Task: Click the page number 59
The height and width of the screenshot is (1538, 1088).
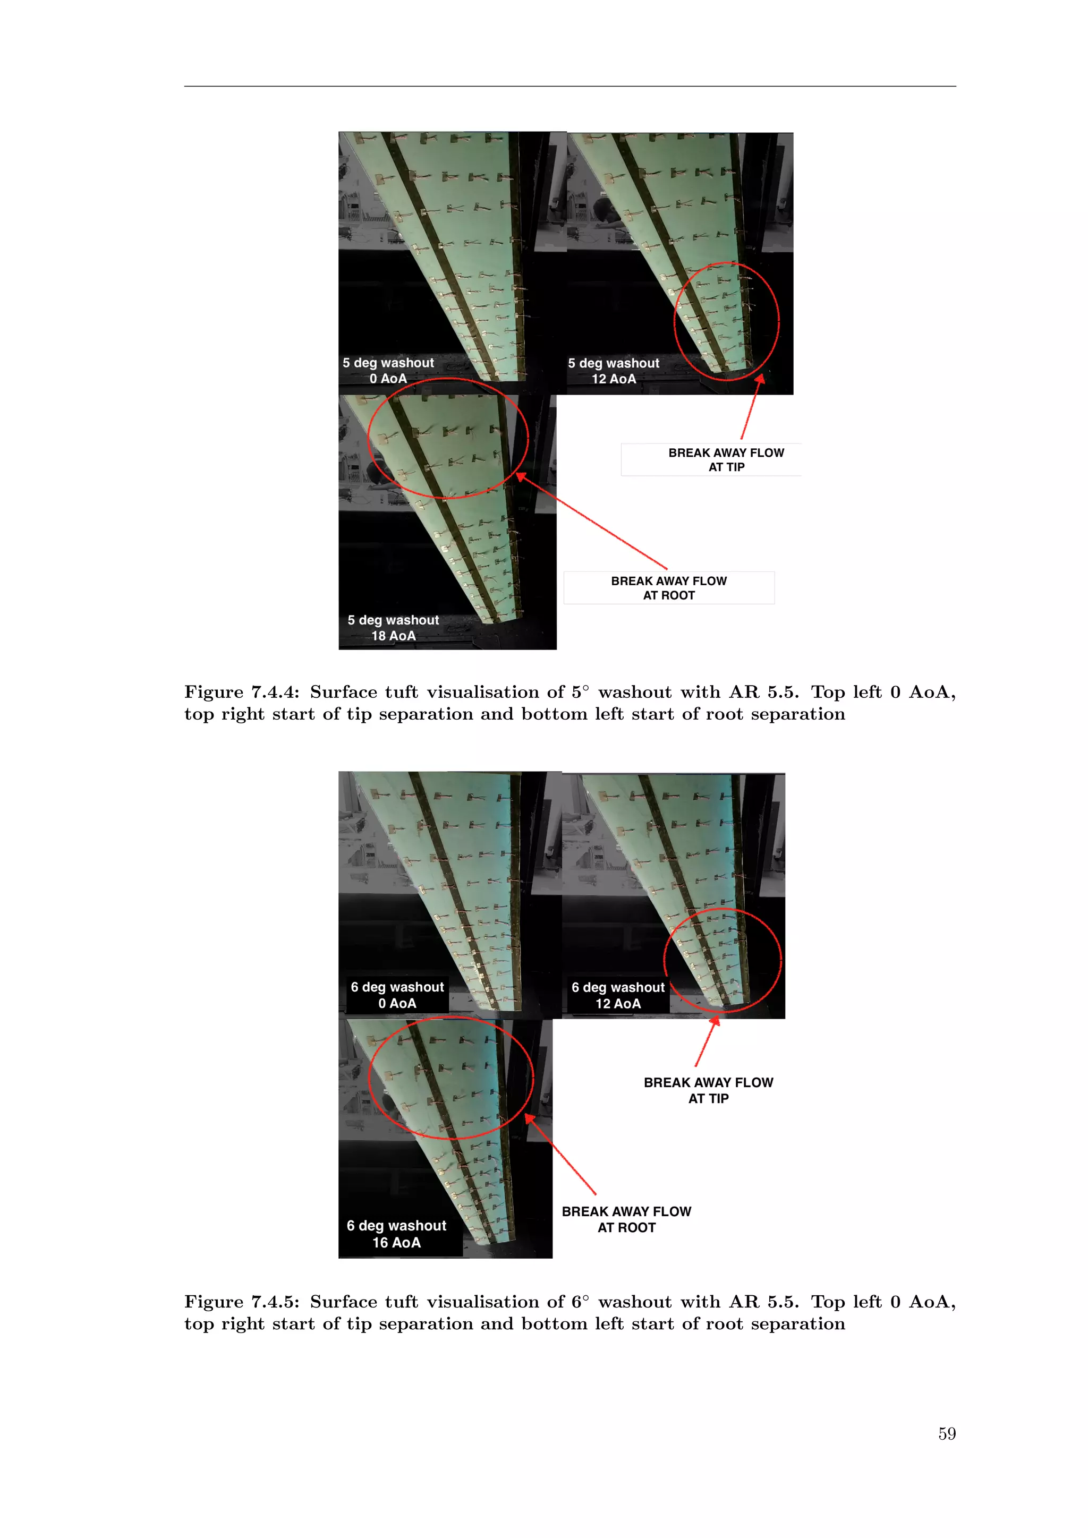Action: click(x=946, y=1433)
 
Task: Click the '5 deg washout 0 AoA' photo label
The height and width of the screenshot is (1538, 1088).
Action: click(x=388, y=371)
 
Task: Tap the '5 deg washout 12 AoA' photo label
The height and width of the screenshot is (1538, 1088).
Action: click(x=613, y=371)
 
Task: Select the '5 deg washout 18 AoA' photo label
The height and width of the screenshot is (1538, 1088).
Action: click(x=393, y=628)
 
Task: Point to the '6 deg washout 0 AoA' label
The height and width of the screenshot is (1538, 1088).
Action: click(x=397, y=995)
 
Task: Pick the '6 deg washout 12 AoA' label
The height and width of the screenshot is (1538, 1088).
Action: click(x=618, y=995)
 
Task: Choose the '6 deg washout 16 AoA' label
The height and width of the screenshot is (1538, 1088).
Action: click(x=397, y=1234)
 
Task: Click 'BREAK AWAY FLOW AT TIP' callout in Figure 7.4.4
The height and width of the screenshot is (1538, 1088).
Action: click(x=726, y=459)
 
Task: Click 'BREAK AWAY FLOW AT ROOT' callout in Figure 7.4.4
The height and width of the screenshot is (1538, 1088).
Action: click(x=669, y=587)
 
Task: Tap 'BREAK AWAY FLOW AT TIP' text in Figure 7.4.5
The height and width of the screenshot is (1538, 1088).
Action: click(x=708, y=1090)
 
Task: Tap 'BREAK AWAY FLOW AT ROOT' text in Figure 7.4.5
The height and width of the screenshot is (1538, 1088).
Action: click(x=626, y=1219)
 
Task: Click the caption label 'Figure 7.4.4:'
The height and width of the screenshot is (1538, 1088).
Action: click(x=242, y=692)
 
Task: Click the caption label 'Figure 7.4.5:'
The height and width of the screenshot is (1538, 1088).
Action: click(x=242, y=1302)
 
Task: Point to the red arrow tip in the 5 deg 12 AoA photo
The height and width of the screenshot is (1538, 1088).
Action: click(x=762, y=377)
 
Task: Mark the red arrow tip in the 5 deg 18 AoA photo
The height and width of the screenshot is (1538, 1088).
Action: click(x=518, y=474)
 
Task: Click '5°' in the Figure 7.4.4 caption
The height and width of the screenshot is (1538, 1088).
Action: click(x=580, y=692)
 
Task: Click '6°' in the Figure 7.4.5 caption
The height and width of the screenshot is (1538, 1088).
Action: click(x=580, y=1302)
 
